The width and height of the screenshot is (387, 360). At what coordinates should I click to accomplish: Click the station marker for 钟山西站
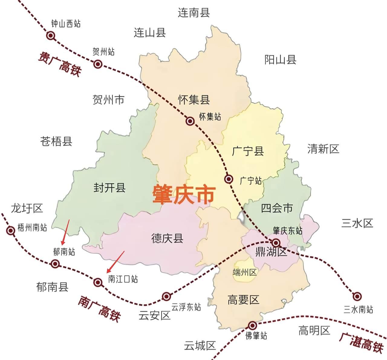tap(51, 36)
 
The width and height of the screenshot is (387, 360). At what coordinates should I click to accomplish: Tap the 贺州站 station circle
tap(97, 64)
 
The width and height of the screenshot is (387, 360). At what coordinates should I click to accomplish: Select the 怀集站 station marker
tap(190, 121)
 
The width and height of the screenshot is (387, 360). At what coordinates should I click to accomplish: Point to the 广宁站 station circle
tap(229, 179)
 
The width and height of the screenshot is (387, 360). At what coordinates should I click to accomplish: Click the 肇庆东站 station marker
tap(276, 242)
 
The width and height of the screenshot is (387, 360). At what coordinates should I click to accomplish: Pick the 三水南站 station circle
tap(357, 296)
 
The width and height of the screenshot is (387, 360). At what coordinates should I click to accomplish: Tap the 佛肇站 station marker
tap(252, 326)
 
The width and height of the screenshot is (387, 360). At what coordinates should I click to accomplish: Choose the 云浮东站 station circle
tap(166, 297)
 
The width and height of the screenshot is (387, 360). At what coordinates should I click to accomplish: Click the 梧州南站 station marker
tap(11, 231)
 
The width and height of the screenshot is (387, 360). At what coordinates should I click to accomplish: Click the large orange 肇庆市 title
tap(184, 195)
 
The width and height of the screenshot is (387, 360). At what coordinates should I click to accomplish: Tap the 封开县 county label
tap(109, 188)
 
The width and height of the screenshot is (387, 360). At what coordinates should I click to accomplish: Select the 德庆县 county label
tap(167, 238)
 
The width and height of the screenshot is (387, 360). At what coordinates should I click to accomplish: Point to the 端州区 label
tap(245, 272)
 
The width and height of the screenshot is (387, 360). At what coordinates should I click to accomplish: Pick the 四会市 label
tap(277, 208)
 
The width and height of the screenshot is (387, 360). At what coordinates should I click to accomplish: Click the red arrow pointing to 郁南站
tap(66, 232)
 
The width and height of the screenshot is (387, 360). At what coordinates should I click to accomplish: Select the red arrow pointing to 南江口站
tap(115, 262)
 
